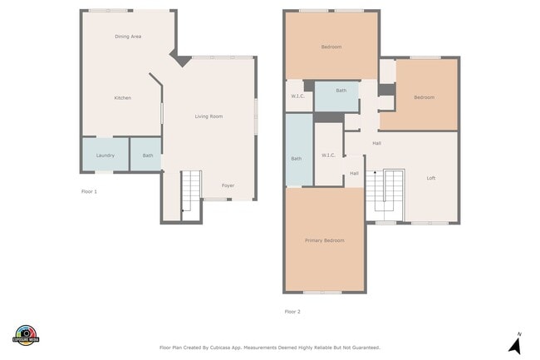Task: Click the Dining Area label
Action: coord(128,37)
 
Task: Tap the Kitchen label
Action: coord(122,98)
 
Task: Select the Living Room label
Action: coord(209,116)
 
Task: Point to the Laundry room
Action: coord(105,155)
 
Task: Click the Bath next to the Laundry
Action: coord(147,155)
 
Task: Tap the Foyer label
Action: coord(228,185)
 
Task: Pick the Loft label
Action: coord(431,178)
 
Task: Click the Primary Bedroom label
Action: coord(324,240)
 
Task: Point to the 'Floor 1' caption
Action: coord(89,191)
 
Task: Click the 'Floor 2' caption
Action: coord(292,312)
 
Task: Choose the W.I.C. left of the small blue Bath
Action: coord(297,96)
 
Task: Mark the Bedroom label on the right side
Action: coord(425,97)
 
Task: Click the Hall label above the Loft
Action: coord(376,143)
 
